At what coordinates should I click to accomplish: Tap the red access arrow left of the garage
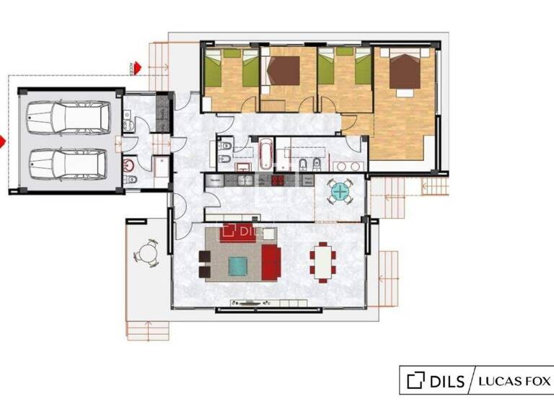coord(2,142)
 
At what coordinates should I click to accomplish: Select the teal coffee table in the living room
coord(237,266)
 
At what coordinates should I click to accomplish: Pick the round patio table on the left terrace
coord(148,253)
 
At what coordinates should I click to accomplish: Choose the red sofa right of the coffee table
coord(271,261)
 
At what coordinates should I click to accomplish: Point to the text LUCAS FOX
coord(515,380)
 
